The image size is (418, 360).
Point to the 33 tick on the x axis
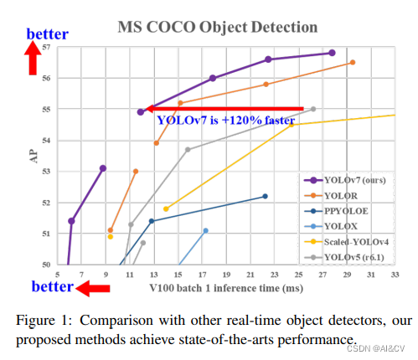394,274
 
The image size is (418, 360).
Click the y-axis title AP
34,157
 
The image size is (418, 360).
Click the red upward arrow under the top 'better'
33,59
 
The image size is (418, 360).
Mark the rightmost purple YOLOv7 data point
332,53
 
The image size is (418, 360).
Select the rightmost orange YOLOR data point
353,62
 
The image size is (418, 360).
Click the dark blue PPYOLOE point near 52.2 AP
265,196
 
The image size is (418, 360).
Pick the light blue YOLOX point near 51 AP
205,230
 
